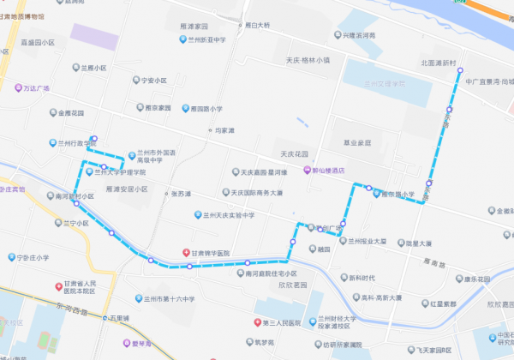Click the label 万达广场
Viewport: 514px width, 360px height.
click(x=36, y=88)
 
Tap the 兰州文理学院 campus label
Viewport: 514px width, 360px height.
click(x=383, y=83)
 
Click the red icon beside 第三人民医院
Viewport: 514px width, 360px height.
click(x=254, y=323)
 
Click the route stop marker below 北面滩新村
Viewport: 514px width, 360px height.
click(x=459, y=72)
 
